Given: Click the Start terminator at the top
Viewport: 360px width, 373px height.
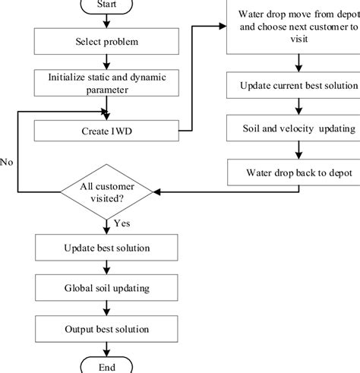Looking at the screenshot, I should (x=106, y=6).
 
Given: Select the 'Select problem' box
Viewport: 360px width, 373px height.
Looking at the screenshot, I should (x=106, y=42).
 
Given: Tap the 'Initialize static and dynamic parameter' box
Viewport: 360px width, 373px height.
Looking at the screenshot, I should (x=106, y=83).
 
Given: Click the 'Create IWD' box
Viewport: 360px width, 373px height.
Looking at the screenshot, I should (x=106, y=132).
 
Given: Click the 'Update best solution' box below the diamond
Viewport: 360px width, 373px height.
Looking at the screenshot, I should (x=106, y=248).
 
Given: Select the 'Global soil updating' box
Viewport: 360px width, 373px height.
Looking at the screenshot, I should (x=106, y=289).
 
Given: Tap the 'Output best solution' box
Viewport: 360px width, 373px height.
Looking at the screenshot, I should (x=106, y=329).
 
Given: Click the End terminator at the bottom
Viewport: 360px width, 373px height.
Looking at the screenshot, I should (x=106, y=367).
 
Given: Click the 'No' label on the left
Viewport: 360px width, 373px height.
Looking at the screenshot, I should (x=7, y=162).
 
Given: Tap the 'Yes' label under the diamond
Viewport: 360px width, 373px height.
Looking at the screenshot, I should (x=121, y=224).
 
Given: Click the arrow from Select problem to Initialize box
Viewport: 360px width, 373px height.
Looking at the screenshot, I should (x=106, y=62).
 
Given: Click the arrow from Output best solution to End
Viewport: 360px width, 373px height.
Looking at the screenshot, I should (x=106, y=349).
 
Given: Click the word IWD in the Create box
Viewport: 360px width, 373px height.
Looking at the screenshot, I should (x=121, y=132).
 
